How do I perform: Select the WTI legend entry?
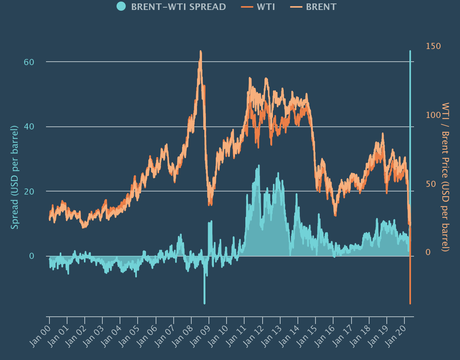(262, 7)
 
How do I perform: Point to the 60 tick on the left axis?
(30, 62)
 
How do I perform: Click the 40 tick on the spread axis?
(30, 126)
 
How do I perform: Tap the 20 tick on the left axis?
(30, 191)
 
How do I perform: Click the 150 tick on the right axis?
(432, 46)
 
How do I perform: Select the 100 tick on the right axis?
(432, 115)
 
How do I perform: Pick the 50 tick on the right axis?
(432, 184)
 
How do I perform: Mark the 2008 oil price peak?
(201, 51)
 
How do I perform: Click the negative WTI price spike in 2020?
(410, 300)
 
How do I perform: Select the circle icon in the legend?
(121, 7)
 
